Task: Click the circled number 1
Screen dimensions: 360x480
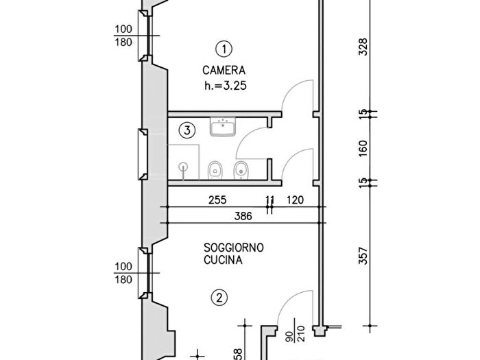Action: pos(224,49)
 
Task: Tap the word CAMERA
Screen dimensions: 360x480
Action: pos(224,71)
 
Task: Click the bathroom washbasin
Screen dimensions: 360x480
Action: pos(224,127)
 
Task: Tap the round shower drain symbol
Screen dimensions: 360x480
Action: pos(184,165)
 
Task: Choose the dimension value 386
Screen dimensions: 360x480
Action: pos(243,216)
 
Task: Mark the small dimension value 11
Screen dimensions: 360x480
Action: pos(270,200)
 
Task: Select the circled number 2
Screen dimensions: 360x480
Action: pos(219,298)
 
